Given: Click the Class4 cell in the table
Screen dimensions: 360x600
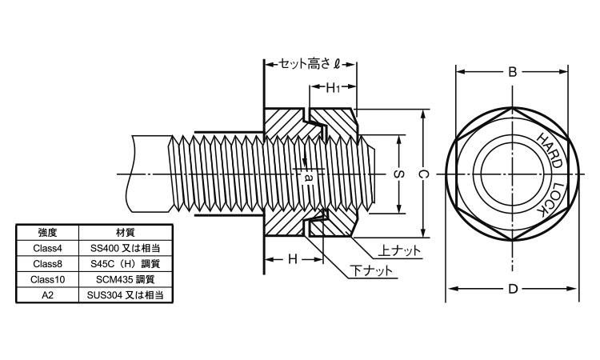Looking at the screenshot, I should [47, 249].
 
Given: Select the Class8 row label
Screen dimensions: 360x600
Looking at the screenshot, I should [47, 264].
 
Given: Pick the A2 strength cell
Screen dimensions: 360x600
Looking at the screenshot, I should [47, 294].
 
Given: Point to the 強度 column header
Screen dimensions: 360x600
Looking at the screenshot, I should [47, 234].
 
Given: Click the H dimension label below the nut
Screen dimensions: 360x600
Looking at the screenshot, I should [293, 258].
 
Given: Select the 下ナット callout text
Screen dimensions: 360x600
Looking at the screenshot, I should [373, 270].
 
